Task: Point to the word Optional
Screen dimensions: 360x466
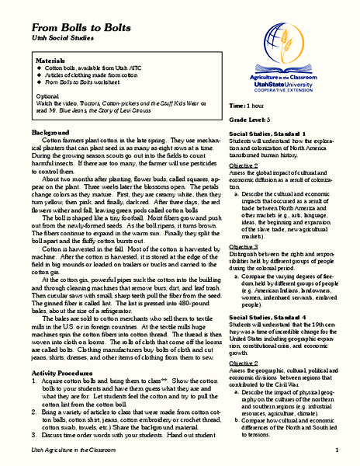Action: click(x=48, y=97)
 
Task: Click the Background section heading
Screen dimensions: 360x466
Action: click(x=48, y=133)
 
